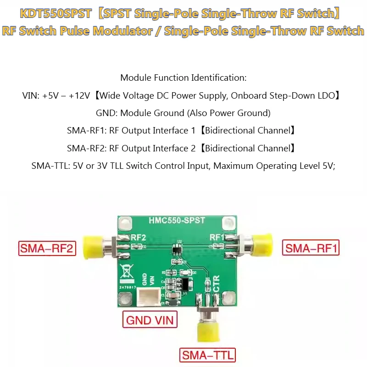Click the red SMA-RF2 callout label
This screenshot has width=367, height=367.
[47, 248]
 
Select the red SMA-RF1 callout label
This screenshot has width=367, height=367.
[311, 247]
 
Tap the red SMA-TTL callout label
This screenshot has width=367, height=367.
[207, 355]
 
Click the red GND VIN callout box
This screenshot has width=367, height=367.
[150, 319]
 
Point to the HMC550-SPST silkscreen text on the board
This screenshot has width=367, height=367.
[177, 220]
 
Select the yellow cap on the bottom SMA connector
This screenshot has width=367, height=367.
[208, 332]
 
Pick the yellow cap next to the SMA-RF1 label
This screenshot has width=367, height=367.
[262, 245]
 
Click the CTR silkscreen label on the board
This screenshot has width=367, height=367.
[217, 284]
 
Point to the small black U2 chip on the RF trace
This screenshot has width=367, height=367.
[177, 248]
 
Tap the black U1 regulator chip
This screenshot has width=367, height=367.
[185, 284]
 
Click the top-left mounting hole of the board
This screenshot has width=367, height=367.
[125, 222]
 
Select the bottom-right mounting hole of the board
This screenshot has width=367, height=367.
[228, 298]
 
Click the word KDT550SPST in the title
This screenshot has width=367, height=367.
[56, 13]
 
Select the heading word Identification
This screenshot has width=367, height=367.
[219, 78]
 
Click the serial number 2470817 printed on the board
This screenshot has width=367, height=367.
[128, 287]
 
